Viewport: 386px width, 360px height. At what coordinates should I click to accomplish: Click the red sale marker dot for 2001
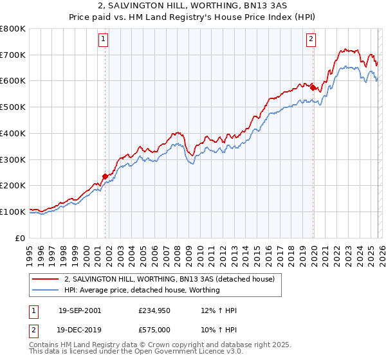[105, 176]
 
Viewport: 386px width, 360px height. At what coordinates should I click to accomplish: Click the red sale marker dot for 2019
[313, 87]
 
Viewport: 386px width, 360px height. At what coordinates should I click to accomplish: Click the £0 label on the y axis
[21, 238]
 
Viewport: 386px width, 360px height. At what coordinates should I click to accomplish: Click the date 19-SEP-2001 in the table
[80, 310]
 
